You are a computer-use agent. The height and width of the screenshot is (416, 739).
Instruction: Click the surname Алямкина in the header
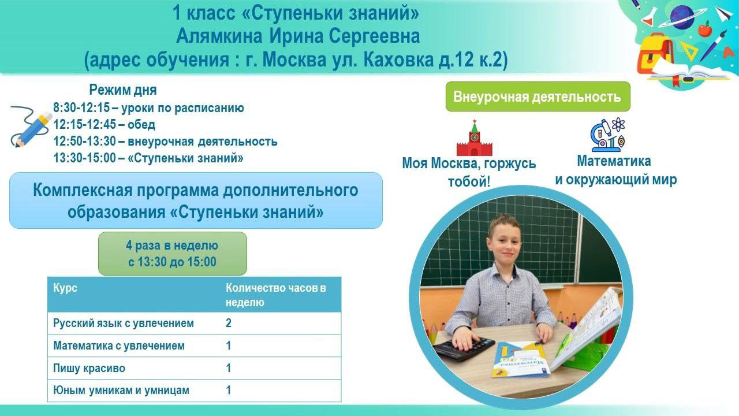[x=219, y=36]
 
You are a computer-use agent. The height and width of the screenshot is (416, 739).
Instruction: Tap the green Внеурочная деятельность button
[x=538, y=96]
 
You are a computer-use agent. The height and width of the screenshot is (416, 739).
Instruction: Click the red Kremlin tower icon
[x=475, y=138]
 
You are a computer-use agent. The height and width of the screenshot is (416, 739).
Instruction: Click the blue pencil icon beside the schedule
[x=31, y=127]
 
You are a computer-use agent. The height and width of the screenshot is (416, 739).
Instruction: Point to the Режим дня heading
[x=123, y=90]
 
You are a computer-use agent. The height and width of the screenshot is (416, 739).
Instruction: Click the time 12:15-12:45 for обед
[x=85, y=124]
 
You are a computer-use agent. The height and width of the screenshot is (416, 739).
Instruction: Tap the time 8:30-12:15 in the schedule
[x=81, y=107]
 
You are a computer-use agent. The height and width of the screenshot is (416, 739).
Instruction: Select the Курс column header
[x=65, y=288]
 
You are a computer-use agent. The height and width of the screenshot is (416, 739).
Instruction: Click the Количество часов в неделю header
[x=276, y=295]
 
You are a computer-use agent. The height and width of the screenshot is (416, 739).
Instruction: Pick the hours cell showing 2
[x=228, y=323]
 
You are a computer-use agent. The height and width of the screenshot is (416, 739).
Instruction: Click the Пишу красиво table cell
[x=89, y=368]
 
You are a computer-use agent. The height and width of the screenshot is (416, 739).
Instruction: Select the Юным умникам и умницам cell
[x=121, y=390]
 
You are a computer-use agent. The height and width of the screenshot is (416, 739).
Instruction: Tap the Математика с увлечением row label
[x=119, y=346]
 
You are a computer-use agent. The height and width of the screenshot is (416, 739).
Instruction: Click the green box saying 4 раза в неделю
[x=172, y=254]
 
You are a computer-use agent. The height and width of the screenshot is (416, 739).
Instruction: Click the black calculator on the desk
[x=463, y=348]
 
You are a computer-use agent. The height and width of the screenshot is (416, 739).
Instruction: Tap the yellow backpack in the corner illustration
[x=655, y=54]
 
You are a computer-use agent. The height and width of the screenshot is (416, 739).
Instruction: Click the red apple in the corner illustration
[x=705, y=29]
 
